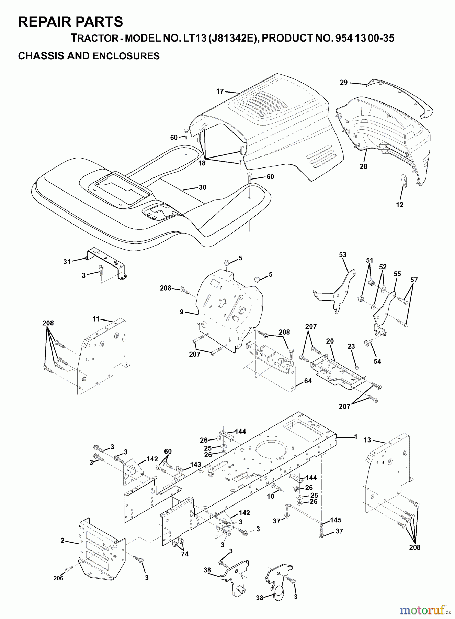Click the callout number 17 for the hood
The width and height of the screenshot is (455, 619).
point(220,91)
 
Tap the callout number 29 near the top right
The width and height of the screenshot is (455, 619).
point(344,82)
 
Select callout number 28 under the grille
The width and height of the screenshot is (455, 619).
point(363,166)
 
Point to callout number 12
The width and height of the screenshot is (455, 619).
point(399,205)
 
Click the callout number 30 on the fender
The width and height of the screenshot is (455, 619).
point(203,187)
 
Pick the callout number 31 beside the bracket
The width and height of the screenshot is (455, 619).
point(67,262)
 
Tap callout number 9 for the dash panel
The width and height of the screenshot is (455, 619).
point(182,312)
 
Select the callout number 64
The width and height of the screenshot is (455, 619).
point(308,381)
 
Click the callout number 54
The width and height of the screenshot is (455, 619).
point(377,361)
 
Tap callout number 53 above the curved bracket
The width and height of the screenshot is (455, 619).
point(343,255)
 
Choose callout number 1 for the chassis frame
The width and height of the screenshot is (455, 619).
point(356,437)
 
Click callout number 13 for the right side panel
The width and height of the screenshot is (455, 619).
point(367,440)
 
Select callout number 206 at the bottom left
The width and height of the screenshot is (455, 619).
point(58,578)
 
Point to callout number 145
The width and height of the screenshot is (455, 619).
point(335,520)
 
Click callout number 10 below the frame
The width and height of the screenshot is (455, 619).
point(271,496)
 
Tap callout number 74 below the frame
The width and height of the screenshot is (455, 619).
point(185,554)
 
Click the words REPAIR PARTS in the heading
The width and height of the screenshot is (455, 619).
point(70,22)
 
